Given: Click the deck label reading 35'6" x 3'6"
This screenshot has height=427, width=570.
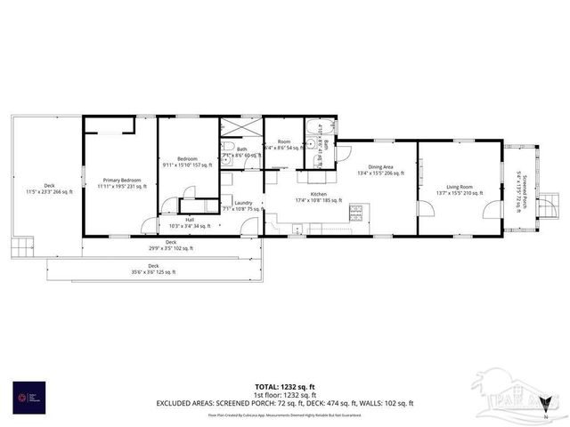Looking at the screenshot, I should pyautogui.click(x=152, y=269).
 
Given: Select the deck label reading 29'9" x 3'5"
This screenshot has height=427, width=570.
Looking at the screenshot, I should pyautogui.click(x=170, y=245).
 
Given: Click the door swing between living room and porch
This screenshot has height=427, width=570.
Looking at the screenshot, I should pyautogui.click(x=493, y=209).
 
